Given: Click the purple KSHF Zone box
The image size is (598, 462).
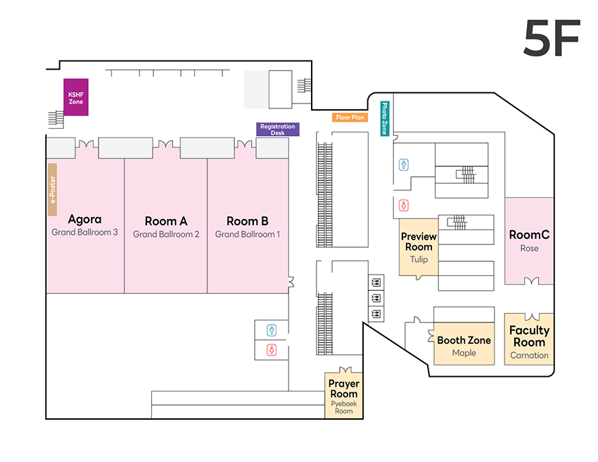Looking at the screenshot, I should pyautogui.click(x=76, y=97).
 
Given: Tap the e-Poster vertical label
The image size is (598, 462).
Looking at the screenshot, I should pyautogui.click(x=52, y=189).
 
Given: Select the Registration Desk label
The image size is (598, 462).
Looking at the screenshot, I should pyautogui.click(x=278, y=130).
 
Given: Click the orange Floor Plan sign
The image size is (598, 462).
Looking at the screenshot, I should pyautogui.click(x=350, y=118).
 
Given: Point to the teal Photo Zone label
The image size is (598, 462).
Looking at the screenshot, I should pyautogui.click(x=385, y=118).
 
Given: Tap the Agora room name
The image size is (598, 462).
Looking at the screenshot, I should pyautogui.click(x=84, y=219).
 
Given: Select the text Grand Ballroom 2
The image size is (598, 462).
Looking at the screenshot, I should pyautogui.click(x=166, y=235).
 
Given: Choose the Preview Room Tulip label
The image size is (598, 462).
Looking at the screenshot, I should pyautogui.click(x=419, y=247).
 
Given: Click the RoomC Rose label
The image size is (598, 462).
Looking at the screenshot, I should pyautogui.click(x=529, y=240).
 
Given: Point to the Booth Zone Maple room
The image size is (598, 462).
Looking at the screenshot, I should pyautogui.click(x=464, y=345).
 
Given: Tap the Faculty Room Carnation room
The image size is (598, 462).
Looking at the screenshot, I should pyautogui.click(x=529, y=342).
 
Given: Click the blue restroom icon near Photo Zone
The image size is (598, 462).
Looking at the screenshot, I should pyautogui.click(x=404, y=164).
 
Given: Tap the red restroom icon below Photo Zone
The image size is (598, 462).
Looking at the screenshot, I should pyautogui.click(x=404, y=206).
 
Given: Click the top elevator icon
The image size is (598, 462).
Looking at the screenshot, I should pyautogui.click(x=376, y=282).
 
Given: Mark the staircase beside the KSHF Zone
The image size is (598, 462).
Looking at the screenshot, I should pyautogui.click(x=55, y=118).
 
